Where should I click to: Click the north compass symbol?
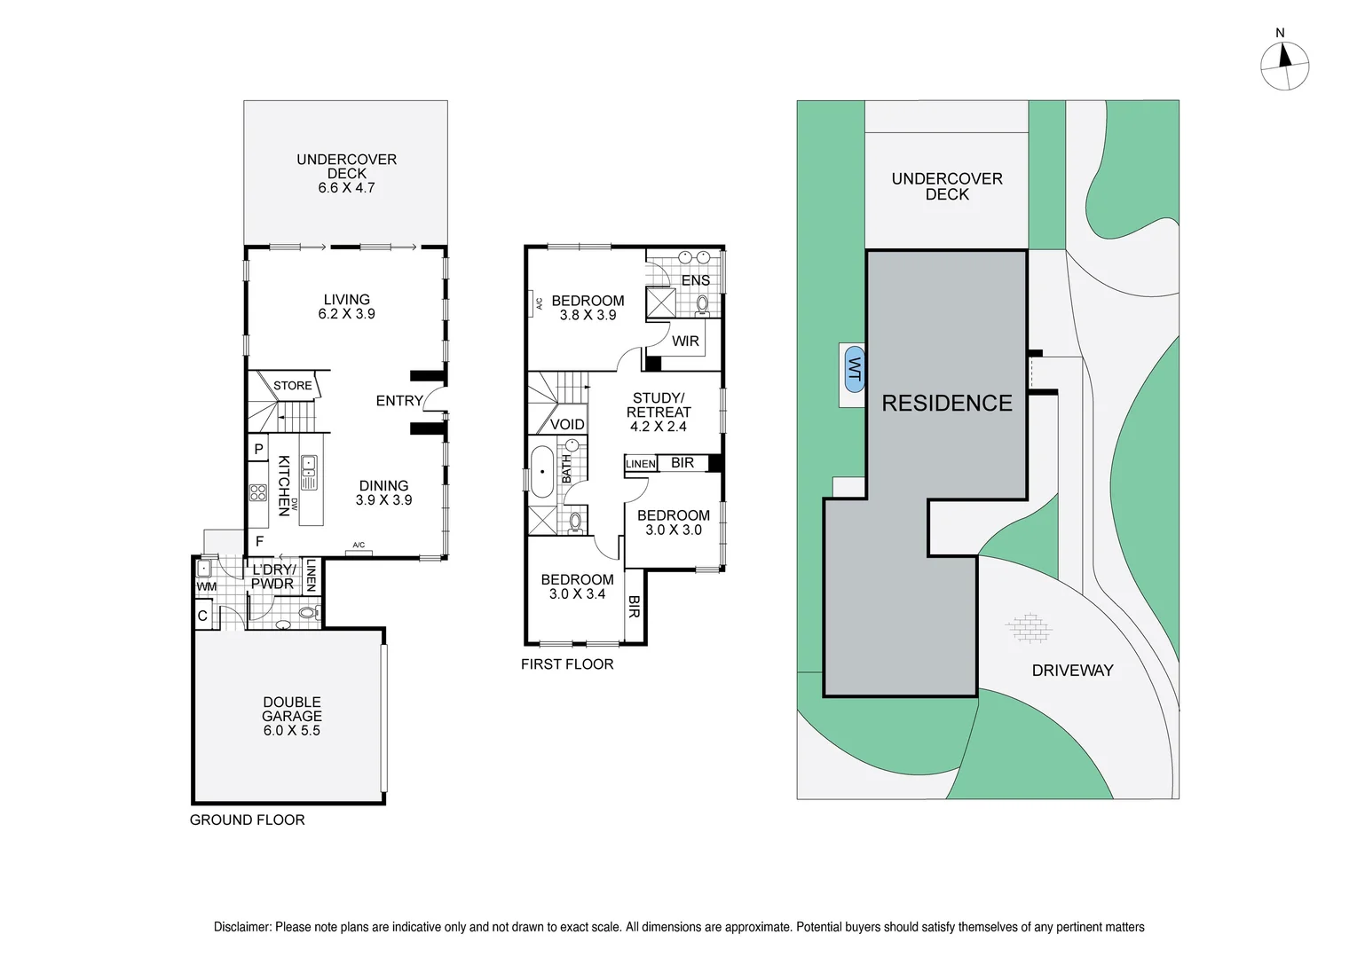click(x=1284, y=66)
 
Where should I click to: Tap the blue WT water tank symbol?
click(x=854, y=369)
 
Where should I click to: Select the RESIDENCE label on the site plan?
click(x=946, y=404)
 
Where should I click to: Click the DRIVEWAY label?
click(x=1071, y=671)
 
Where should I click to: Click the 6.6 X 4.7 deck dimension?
click(x=346, y=188)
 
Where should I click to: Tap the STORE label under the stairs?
click(x=292, y=386)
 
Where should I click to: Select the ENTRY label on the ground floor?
click(x=398, y=401)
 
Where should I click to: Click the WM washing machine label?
click(x=206, y=586)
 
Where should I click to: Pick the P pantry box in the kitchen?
click(x=258, y=449)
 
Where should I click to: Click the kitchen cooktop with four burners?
click(x=257, y=493)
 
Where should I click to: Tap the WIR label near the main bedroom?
click(x=685, y=342)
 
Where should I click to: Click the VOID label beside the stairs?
click(x=567, y=425)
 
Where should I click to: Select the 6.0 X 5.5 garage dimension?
click(x=291, y=731)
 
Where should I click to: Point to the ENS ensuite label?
click(x=695, y=280)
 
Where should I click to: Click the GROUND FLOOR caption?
click(x=247, y=821)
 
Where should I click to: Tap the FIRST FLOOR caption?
click(x=566, y=664)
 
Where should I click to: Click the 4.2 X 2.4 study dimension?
click(x=658, y=427)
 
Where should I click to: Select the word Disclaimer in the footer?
click(x=241, y=927)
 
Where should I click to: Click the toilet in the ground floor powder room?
click(x=307, y=612)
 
